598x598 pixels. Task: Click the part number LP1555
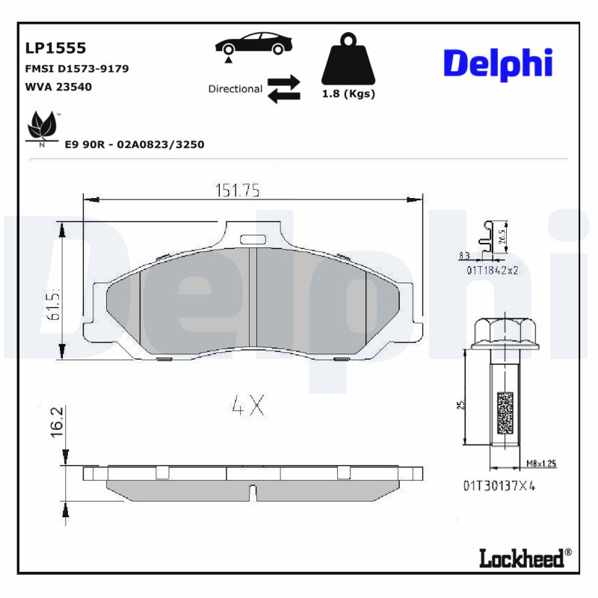click(x=56, y=49)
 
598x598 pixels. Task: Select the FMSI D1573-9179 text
click(x=77, y=69)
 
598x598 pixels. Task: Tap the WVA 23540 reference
click(x=59, y=86)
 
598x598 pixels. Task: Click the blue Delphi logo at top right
click(x=498, y=64)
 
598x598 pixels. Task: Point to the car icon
click(x=253, y=44)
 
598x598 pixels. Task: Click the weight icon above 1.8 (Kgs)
click(x=348, y=60)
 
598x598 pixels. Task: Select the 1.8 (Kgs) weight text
click(x=348, y=94)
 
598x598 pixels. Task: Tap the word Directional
click(x=235, y=89)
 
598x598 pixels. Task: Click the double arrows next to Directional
click(x=283, y=88)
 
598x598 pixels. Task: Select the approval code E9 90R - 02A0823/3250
click(x=135, y=144)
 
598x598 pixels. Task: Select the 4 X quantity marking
click(x=247, y=405)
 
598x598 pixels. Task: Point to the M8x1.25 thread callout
click(x=540, y=463)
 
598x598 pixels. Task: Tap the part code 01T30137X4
click(x=499, y=485)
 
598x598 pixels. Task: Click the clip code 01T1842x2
click(x=493, y=271)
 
